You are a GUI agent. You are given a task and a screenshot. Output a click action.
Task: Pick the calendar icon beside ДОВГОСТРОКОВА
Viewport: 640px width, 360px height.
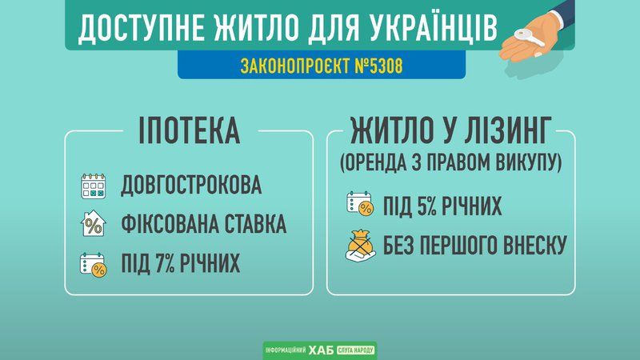(93, 186)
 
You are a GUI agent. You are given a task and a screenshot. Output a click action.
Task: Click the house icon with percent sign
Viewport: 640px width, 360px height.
(93, 225)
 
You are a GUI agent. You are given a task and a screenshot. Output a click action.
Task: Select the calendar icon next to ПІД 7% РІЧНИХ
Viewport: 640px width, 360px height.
(93, 264)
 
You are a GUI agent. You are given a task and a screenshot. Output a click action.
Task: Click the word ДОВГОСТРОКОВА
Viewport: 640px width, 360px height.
(191, 186)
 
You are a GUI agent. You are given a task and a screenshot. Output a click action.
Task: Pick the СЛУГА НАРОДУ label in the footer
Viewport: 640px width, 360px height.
(355, 350)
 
